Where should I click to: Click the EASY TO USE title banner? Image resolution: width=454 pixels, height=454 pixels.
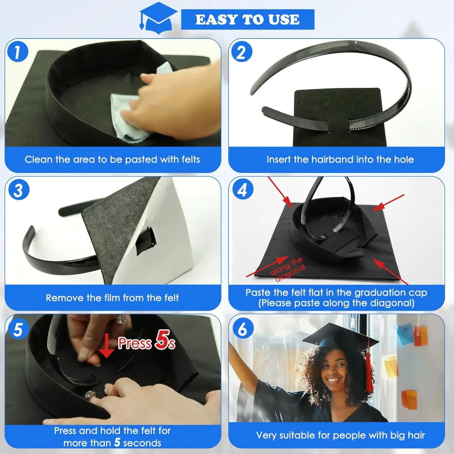247,19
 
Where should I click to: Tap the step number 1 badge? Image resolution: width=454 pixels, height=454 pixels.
17,52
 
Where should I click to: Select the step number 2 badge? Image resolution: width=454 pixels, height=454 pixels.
241,52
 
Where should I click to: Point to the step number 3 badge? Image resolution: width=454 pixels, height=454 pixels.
18,190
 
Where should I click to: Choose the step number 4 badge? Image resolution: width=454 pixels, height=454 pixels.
242,190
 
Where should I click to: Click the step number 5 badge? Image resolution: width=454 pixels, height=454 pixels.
18,329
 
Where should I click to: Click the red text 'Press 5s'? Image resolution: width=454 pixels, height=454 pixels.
146,342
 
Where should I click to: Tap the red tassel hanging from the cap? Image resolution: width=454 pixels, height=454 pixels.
368,373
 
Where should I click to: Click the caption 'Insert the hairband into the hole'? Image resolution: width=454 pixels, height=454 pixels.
340,159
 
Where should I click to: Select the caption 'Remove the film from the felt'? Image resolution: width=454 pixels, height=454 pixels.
112,298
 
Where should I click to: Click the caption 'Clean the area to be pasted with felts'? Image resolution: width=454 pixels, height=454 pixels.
112,159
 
